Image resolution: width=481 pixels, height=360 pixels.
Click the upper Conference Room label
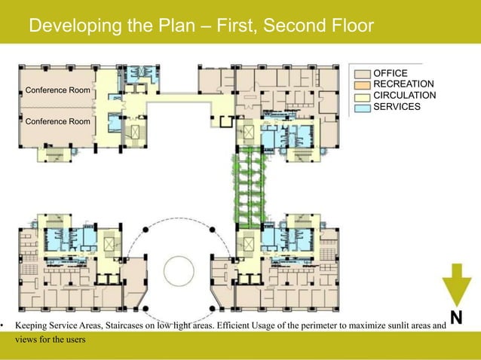pyautogui.click(x=57, y=90)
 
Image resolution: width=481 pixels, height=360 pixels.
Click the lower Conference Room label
pyautogui.click(x=57, y=121)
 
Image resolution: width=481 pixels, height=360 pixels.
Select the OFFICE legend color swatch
pyautogui.click(x=363, y=74)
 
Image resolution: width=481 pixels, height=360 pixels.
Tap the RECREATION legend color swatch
pyautogui.click(x=363, y=85)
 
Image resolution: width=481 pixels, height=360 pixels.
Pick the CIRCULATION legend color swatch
pyautogui.click(x=363, y=97)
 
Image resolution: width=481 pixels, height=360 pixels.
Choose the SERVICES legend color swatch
pyautogui.click(x=363, y=108)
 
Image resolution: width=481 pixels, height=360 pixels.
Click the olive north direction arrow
pyautogui.click(x=456, y=285)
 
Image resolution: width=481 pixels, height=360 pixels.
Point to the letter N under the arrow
pyautogui.click(x=456, y=317)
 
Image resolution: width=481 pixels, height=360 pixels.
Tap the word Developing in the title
pyautogui.click(x=75, y=26)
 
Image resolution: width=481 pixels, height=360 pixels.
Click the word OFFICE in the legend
pyautogui.click(x=391, y=73)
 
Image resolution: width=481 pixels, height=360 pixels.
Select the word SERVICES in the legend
pyautogui.click(x=397, y=107)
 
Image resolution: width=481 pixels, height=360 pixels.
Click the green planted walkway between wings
pyautogui.click(x=249, y=187)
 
